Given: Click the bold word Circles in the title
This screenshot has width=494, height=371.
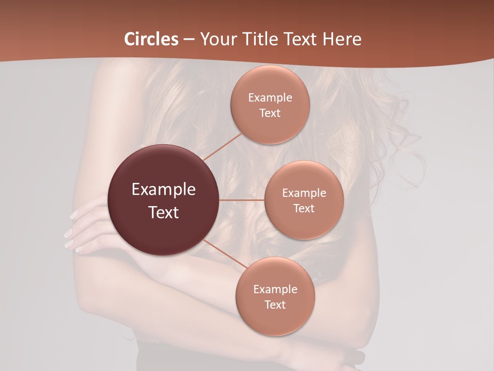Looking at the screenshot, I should pyautogui.click(x=151, y=39).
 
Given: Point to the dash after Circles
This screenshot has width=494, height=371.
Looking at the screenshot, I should pyautogui.click(x=189, y=40).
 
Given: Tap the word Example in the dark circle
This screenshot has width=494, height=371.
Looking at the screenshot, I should pyautogui.click(x=164, y=190).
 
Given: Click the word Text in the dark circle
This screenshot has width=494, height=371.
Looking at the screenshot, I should pyautogui.click(x=164, y=212).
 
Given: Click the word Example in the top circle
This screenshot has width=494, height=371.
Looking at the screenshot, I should pyautogui.click(x=270, y=98).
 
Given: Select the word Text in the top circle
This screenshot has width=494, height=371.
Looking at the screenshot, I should pyautogui.click(x=270, y=113).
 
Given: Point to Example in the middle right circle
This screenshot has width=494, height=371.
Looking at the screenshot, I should pyautogui.click(x=304, y=193).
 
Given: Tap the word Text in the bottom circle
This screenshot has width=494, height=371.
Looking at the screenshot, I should pyautogui.click(x=275, y=305).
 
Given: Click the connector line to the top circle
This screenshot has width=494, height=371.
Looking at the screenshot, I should pyautogui.click(x=222, y=146).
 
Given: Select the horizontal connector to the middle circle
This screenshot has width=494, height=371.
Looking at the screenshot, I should pyautogui.click(x=242, y=200).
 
